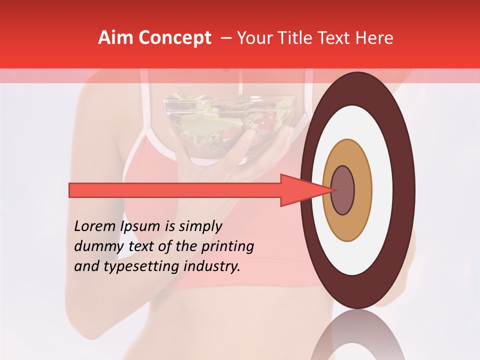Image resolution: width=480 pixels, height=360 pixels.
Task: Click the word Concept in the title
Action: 174,38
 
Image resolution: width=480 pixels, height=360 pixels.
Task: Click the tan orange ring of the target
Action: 362,190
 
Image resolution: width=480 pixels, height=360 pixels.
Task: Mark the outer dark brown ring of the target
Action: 406,190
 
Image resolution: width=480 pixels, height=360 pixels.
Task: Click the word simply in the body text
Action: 199,227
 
